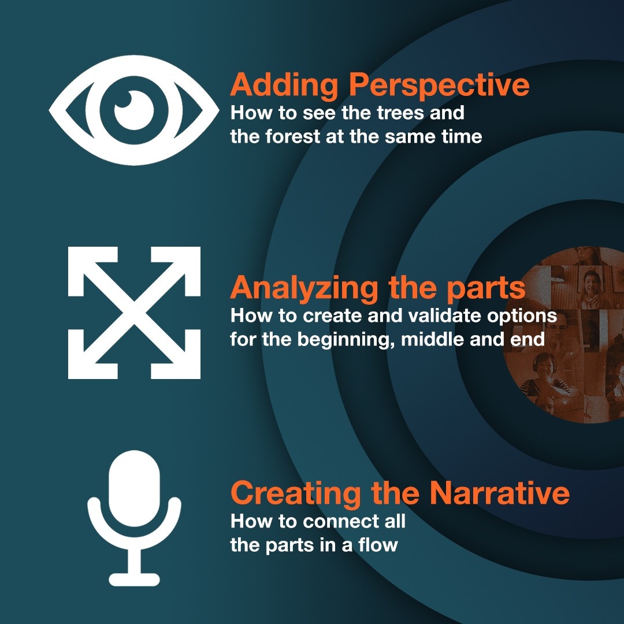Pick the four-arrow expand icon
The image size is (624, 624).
(134, 313)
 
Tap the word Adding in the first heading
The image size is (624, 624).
(284, 86)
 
